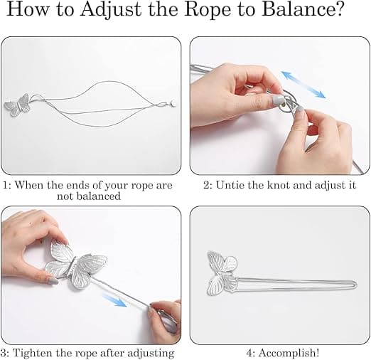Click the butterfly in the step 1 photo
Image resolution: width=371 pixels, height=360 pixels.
(18, 105)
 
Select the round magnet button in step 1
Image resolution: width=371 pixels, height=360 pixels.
(173, 103)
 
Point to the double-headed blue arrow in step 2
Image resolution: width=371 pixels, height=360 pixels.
(303, 85)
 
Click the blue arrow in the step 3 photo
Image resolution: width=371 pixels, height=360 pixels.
(114, 300)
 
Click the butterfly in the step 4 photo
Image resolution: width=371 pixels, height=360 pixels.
(222, 271)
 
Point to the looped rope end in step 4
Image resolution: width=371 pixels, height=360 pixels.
(353, 285)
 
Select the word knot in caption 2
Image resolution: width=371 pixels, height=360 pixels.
(279, 185)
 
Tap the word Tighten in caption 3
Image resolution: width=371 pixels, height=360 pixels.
(33, 353)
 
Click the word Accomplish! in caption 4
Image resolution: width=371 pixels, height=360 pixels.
(289, 353)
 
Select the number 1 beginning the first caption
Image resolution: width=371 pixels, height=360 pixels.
(5, 185)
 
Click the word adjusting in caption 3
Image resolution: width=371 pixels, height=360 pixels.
(151, 354)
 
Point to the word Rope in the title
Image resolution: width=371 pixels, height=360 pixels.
(207, 10)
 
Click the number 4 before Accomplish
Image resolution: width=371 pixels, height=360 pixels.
(249, 353)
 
